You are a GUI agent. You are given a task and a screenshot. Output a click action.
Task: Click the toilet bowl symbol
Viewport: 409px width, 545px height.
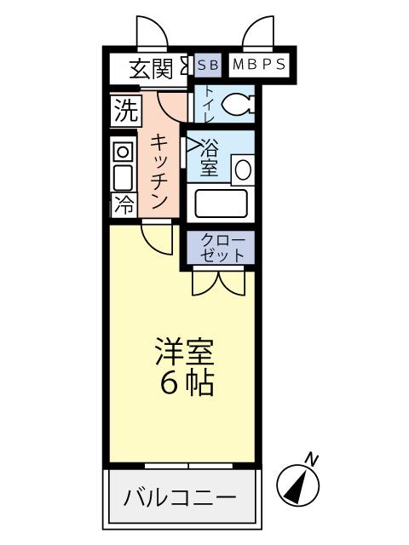tap(236, 105)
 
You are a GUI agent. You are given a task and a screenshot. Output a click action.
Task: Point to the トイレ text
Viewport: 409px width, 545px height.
tap(205, 102)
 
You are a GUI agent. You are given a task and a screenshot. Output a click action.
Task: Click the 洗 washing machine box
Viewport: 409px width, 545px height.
tap(124, 111)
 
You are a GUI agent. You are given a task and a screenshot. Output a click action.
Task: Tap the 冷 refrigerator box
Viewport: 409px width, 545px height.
tap(124, 204)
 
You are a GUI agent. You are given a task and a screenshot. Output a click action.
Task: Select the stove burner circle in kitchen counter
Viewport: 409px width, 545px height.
tap(124, 152)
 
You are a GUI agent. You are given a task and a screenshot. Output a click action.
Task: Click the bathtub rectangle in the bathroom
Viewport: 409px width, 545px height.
tap(221, 204)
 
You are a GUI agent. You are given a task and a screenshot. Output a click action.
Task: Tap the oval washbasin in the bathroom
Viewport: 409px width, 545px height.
tap(243, 168)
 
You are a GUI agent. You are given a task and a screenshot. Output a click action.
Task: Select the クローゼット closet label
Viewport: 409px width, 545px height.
tap(222, 248)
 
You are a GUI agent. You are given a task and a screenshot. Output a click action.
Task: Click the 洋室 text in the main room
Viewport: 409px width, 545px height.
tap(183, 350)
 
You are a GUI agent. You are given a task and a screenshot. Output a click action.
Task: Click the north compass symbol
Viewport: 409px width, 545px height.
tap(300, 485)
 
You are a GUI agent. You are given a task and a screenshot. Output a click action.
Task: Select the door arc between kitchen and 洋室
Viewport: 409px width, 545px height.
tap(158, 238)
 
